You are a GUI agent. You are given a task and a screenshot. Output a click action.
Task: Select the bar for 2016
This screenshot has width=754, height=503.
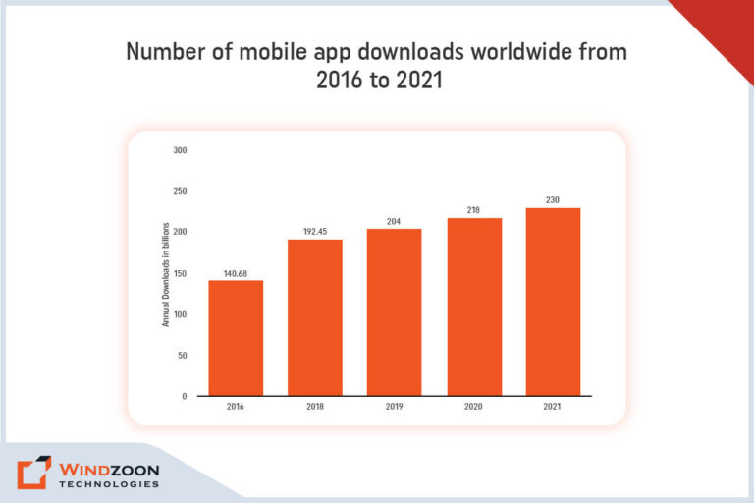(x=236, y=337)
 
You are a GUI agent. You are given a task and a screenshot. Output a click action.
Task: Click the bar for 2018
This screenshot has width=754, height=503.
(x=315, y=316)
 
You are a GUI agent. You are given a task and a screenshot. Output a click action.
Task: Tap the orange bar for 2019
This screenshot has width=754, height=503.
(x=395, y=311)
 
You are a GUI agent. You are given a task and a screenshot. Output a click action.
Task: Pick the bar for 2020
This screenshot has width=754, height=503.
(x=474, y=306)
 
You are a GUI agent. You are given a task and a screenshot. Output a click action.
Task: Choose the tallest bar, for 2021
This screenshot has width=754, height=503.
(x=554, y=301)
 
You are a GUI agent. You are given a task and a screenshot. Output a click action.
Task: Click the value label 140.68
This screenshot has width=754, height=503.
(x=236, y=272)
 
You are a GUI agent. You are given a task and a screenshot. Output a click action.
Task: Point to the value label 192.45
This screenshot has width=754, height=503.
(x=315, y=231)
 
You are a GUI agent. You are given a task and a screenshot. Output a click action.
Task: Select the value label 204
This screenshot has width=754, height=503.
(x=395, y=221)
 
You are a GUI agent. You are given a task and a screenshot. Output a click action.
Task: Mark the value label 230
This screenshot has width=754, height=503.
(x=554, y=200)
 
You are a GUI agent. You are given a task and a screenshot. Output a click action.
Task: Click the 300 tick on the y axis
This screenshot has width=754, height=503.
(x=180, y=150)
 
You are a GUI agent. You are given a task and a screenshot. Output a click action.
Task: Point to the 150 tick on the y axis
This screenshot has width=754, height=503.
(x=180, y=273)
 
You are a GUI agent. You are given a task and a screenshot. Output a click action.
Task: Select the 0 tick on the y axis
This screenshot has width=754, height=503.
(x=184, y=396)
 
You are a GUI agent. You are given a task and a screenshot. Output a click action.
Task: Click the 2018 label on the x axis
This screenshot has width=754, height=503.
(x=315, y=407)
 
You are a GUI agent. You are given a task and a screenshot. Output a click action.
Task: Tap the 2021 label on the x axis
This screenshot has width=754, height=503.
(x=554, y=407)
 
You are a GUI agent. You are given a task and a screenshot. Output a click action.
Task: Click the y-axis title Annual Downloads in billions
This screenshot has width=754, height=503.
(x=166, y=274)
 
